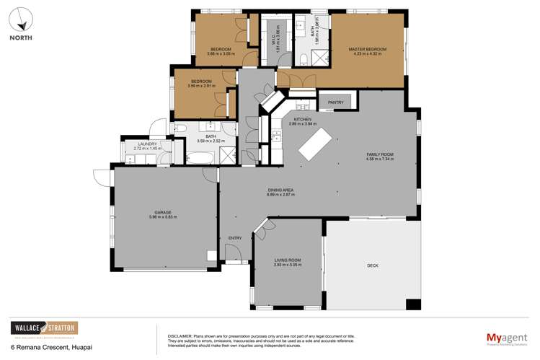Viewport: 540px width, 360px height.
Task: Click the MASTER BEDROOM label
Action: click(x=367, y=49)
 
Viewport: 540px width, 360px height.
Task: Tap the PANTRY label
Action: click(x=336, y=102)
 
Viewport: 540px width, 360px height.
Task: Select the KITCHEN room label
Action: click(x=301, y=119)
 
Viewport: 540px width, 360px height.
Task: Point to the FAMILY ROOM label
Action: click(x=379, y=154)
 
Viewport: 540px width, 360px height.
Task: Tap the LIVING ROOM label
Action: click(x=287, y=260)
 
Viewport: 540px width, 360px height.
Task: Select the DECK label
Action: click(x=372, y=265)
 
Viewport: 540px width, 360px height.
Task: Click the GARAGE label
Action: click(x=162, y=212)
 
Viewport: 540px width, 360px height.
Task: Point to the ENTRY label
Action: click(x=235, y=238)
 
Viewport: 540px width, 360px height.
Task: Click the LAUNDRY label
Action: click(x=147, y=144)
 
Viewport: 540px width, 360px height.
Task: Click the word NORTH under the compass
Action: click(x=23, y=39)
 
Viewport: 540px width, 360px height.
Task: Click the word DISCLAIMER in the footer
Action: click(x=180, y=336)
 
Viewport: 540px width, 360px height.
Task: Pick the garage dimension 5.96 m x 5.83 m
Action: click(x=162, y=216)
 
